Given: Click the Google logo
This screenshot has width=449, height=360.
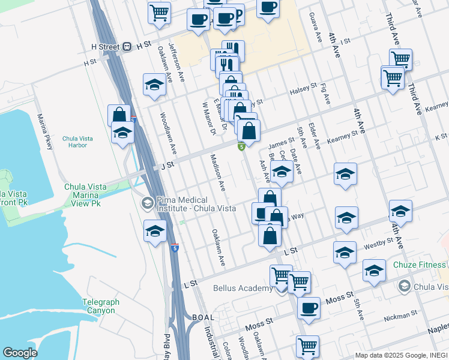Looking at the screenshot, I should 19,353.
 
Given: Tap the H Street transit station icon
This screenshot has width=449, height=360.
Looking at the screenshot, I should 127,46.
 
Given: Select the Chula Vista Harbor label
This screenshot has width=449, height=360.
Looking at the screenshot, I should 77,143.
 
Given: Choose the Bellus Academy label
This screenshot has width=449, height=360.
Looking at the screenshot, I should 243,288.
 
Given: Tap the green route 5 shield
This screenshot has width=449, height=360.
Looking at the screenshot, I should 241,146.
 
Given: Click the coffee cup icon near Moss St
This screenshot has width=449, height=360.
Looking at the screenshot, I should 309,308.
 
